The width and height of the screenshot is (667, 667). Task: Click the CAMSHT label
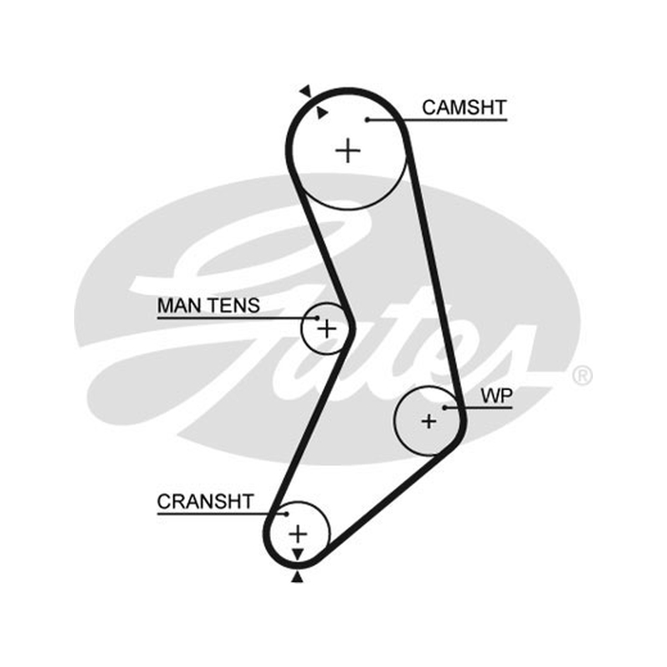click(x=464, y=108)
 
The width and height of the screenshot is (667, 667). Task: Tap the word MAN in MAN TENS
click(x=177, y=305)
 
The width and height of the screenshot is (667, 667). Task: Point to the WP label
click(x=496, y=396)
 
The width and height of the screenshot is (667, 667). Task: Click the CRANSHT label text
click(x=205, y=502)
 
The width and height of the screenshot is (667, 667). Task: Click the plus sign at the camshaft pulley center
click(x=348, y=151)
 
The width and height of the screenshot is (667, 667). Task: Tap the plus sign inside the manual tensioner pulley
click(x=327, y=328)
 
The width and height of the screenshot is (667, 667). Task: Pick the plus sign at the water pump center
click(x=429, y=421)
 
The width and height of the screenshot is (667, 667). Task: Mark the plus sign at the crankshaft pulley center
click(x=298, y=534)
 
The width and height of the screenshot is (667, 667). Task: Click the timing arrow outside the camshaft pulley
click(x=306, y=91)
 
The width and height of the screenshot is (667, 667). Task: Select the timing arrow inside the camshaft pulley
click(x=322, y=113)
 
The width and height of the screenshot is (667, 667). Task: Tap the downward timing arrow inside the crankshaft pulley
click(x=298, y=554)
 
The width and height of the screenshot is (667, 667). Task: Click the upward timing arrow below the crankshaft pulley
click(x=298, y=577)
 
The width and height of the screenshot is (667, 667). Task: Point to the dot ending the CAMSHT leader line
click(x=368, y=120)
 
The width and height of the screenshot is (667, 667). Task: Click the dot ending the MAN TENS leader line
click(x=318, y=318)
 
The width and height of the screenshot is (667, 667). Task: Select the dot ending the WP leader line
click(x=444, y=408)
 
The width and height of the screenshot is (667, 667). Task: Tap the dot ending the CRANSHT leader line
click(x=287, y=514)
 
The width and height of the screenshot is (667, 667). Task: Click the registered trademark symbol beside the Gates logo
click(x=582, y=376)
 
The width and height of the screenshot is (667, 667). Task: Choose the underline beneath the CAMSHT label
click(x=437, y=120)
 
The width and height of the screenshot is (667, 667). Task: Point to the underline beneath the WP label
click(x=479, y=408)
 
